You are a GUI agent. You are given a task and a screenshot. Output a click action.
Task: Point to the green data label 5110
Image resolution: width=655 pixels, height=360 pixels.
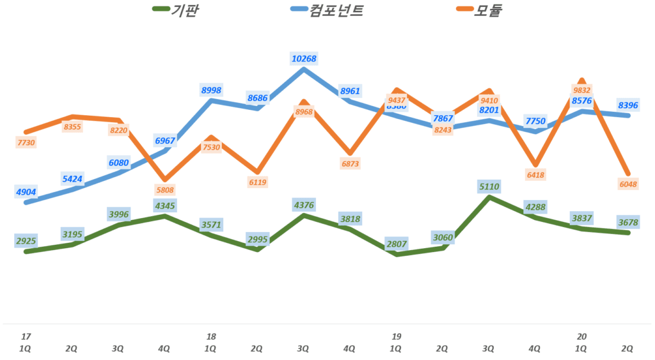(x=489, y=187)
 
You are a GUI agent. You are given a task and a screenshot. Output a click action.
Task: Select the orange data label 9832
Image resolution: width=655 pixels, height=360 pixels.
(x=581, y=90)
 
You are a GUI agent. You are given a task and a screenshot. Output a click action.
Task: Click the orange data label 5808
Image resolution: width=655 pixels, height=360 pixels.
(x=164, y=190)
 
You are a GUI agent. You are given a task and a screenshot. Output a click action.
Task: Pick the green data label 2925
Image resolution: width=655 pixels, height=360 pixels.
(x=26, y=241)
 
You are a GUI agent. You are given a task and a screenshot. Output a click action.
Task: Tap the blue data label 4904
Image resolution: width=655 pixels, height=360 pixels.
(x=26, y=191)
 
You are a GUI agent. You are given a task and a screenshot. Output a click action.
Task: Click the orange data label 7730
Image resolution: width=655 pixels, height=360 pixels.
(x=26, y=143)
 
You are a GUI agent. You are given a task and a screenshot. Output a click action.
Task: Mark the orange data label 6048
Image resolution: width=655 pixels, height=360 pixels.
(x=628, y=184)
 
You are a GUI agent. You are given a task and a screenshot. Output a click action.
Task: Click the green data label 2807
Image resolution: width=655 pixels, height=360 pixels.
(x=397, y=244)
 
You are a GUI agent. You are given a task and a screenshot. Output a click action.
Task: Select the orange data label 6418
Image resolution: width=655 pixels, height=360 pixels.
(x=535, y=175)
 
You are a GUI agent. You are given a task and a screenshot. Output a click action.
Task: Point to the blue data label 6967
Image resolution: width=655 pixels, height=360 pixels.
(x=164, y=140)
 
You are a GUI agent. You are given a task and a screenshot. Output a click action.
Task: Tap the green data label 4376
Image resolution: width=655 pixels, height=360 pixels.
(x=303, y=205)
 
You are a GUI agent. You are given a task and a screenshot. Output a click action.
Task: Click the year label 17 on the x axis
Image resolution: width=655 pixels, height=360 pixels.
(x=26, y=336)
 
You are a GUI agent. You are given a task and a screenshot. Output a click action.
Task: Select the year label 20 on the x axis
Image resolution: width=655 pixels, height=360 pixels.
(x=581, y=336)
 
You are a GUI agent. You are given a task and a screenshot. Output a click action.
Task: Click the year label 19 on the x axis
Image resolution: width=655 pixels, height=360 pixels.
(x=397, y=336)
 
